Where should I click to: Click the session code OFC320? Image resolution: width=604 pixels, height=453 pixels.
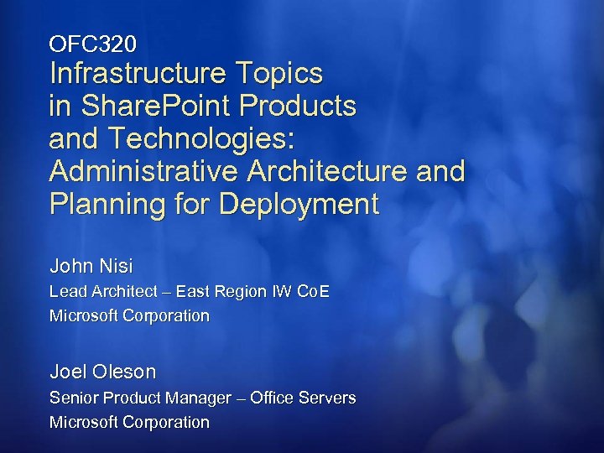(x=92, y=41)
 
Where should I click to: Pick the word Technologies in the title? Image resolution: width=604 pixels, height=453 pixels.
(x=192, y=139)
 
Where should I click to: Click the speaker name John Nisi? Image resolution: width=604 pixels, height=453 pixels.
(x=91, y=267)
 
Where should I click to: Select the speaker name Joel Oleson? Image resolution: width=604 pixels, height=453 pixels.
(x=102, y=371)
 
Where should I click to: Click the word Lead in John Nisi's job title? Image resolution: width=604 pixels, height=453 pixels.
(x=66, y=292)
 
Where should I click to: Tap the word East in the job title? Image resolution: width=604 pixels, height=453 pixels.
(x=195, y=292)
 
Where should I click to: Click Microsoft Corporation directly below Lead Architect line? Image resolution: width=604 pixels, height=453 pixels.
(x=129, y=316)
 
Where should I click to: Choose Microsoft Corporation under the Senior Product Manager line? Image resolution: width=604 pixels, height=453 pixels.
(x=129, y=422)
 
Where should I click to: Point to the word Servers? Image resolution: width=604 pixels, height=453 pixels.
(x=328, y=398)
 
